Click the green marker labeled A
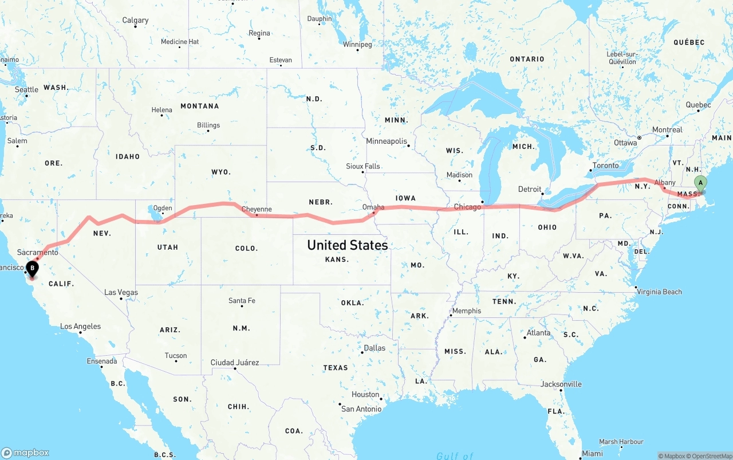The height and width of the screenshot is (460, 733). (x=700, y=183)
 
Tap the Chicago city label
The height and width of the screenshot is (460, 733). (x=467, y=207)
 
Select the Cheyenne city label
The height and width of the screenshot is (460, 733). (x=257, y=209)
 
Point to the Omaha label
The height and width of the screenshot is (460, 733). (x=373, y=207)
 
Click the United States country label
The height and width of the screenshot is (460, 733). (x=347, y=245)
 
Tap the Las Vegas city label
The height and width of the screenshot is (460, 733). (x=121, y=292)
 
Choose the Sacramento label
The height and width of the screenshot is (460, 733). (x=38, y=252)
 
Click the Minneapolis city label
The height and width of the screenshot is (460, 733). (x=387, y=141)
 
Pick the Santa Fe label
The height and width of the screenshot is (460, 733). (x=242, y=301)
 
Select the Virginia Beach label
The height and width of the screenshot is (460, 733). (x=660, y=292)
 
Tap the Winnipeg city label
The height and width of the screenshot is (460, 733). (x=357, y=44)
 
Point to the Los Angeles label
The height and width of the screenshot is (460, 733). (x=81, y=327)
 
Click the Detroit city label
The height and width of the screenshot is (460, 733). (x=530, y=189)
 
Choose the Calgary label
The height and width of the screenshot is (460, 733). (x=135, y=20)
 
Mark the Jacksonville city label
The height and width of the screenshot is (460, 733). (x=561, y=384)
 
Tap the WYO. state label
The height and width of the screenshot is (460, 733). (x=220, y=172)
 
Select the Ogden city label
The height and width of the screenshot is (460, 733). (x=163, y=208)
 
